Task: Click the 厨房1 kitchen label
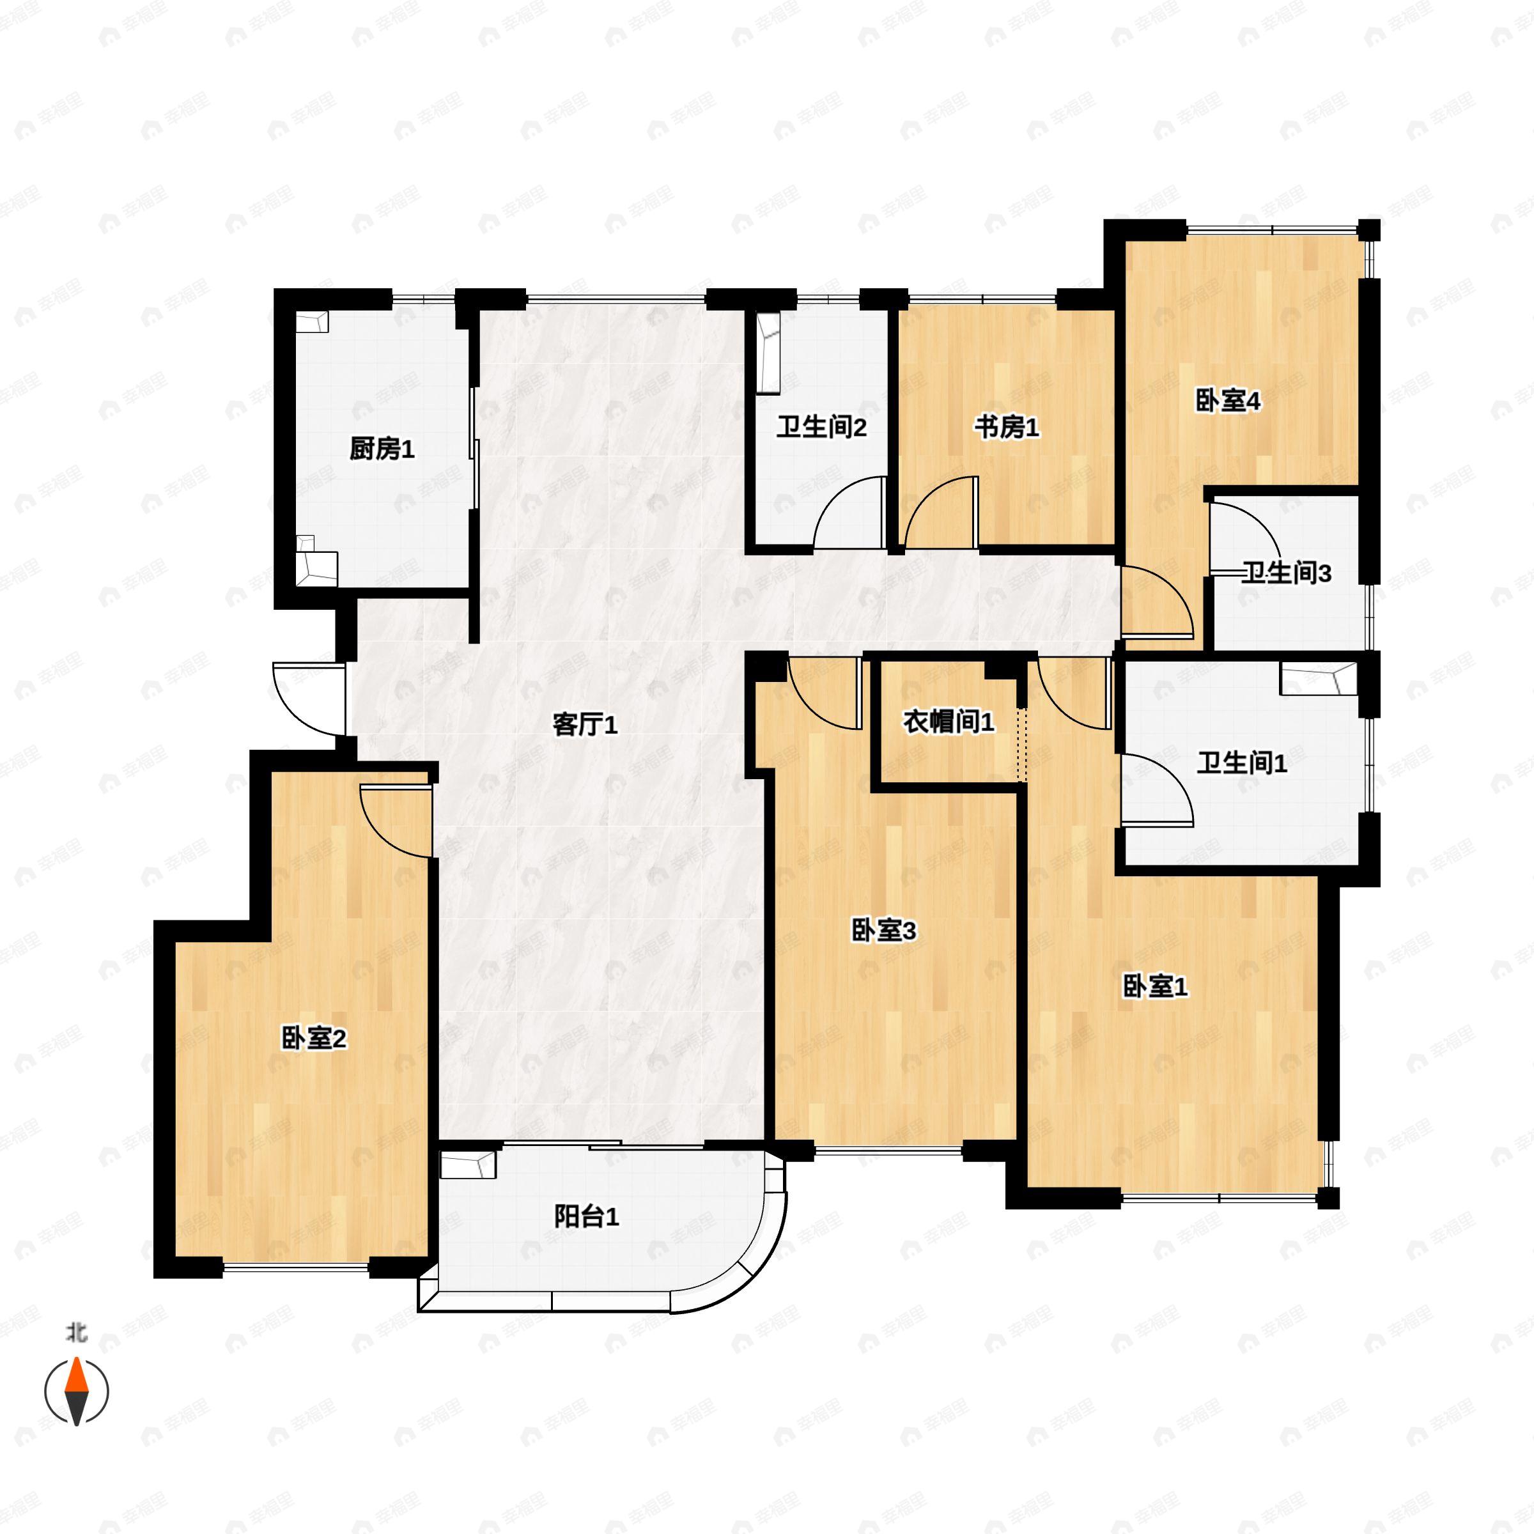pos(382,449)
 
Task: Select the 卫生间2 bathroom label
pos(821,428)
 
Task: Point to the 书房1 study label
pos(1006,428)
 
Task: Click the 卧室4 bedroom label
pos(1227,401)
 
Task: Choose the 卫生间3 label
pos(1285,573)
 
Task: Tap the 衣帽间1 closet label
pos(948,722)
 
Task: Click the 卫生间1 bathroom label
pos(1242,763)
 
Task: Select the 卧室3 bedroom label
pos(884,931)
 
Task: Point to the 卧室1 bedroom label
pos(1154,987)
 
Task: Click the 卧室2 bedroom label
pos(314,1038)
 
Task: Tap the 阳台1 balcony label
pos(586,1216)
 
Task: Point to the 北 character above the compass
pos(76,1332)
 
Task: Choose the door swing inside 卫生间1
pos(1156,790)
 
